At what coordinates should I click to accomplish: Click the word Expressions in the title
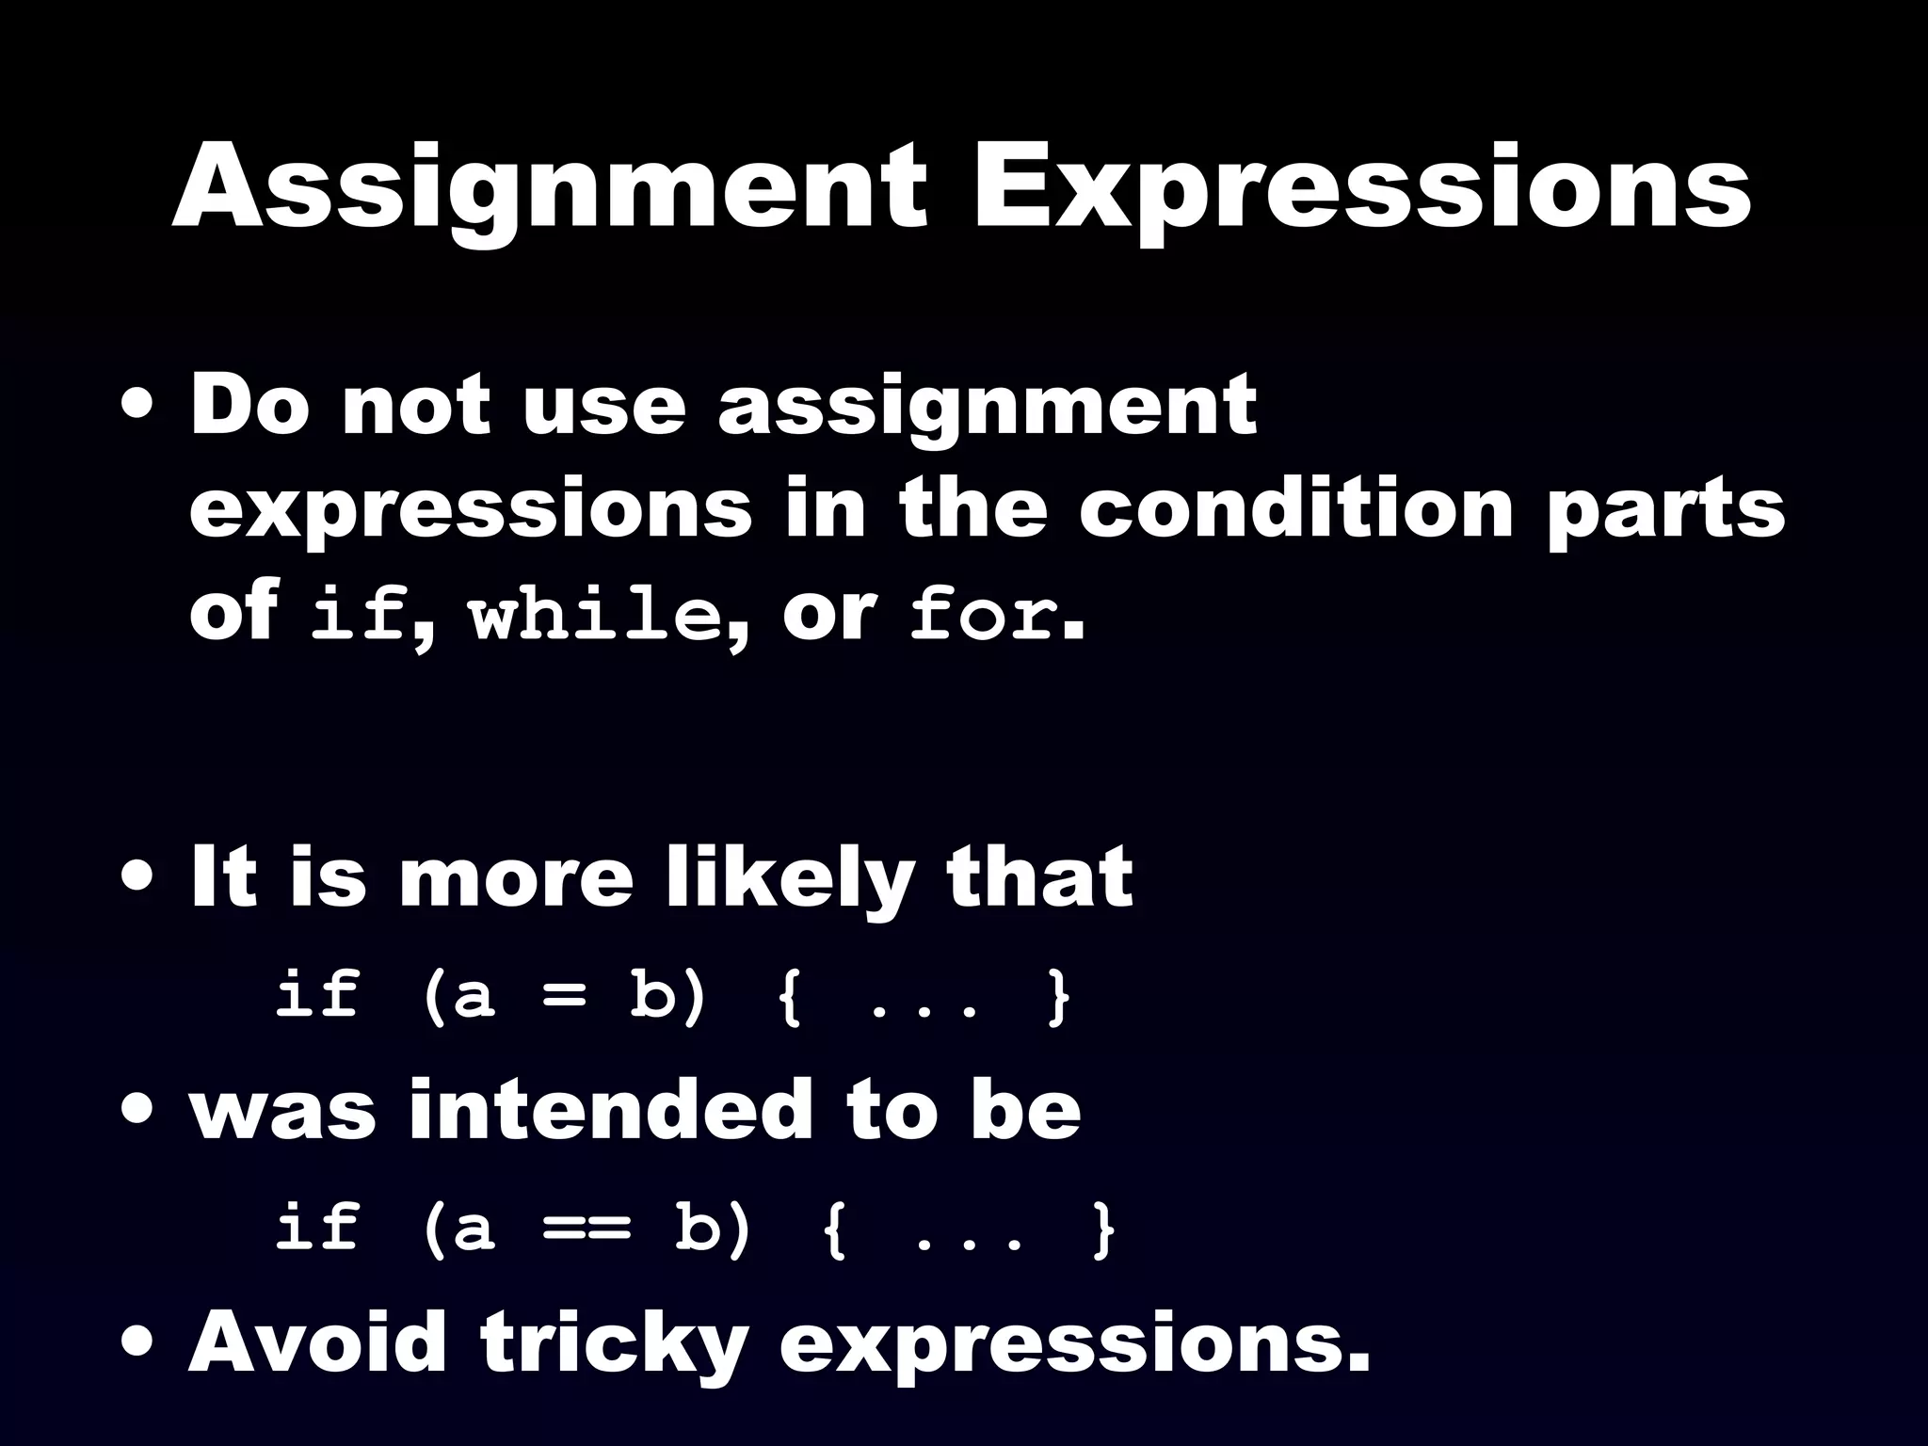pos(1360,188)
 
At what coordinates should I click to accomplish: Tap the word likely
pos(789,879)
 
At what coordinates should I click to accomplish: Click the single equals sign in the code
pos(563,996)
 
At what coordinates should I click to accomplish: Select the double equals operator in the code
pos(586,1229)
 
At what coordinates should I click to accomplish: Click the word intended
pos(610,1111)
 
